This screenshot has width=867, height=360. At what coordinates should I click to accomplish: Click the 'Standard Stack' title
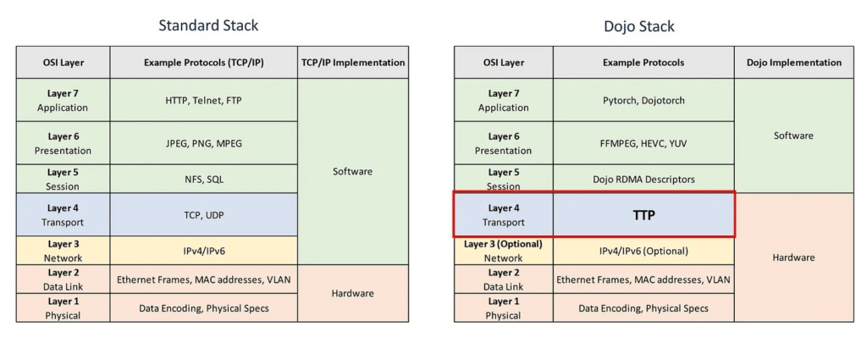[x=208, y=25]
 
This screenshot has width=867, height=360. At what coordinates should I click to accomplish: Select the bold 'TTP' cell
[x=643, y=216]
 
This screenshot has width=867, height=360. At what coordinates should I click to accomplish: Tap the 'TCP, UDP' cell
[x=203, y=215]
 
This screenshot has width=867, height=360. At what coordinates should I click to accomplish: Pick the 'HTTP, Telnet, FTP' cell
[x=203, y=100]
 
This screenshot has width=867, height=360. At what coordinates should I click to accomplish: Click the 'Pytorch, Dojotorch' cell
[x=643, y=100]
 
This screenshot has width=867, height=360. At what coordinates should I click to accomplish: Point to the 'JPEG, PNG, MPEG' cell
[x=203, y=143]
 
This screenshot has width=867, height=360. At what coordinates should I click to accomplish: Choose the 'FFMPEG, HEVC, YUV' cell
[x=643, y=143]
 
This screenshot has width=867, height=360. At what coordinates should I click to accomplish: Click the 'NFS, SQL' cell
[x=203, y=179]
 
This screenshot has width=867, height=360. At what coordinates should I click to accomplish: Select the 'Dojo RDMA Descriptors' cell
[x=643, y=180]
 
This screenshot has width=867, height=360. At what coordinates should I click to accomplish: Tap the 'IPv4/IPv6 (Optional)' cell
[x=643, y=251]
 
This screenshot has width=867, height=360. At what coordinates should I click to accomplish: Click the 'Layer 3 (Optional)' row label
[x=503, y=244]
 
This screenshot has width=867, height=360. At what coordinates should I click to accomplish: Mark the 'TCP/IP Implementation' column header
[x=353, y=63]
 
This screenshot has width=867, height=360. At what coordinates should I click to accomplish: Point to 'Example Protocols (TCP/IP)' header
[x=203, y=63]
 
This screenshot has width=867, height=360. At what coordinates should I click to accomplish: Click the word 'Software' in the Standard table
[x=353, y=171]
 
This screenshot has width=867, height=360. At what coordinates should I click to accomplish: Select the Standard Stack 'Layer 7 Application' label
[x=63, y=100]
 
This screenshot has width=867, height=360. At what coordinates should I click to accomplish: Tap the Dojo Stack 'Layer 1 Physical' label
[x=503, y=308]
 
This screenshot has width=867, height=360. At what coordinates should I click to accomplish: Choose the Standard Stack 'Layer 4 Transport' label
[x=63, y=215]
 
